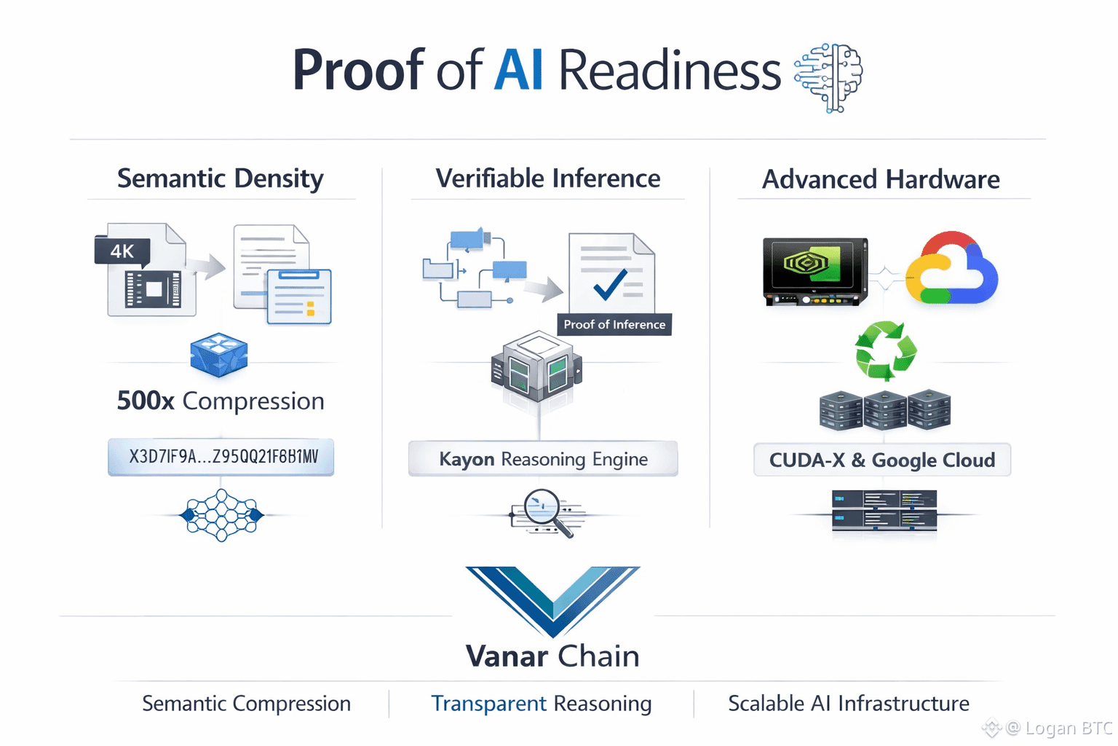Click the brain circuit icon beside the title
click(828, 77)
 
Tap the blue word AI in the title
click(518, 71)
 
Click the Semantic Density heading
click(221, 178)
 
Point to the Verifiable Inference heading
click(547, 178)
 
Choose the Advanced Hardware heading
click(881, 179)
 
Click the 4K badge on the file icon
click(122, 251)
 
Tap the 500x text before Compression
click(146, 401)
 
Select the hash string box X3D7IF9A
click(221, 457)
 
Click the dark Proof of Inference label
click(614, 324)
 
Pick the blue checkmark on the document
click(610, 284)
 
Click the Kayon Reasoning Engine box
click(543, 459)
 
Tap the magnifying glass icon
click(547, 512)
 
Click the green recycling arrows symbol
click(885, 350)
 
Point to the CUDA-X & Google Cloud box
click(882, 460)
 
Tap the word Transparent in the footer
click(488, 704)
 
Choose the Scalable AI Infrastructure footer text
click(849, 704)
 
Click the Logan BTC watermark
click(1060, 728)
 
